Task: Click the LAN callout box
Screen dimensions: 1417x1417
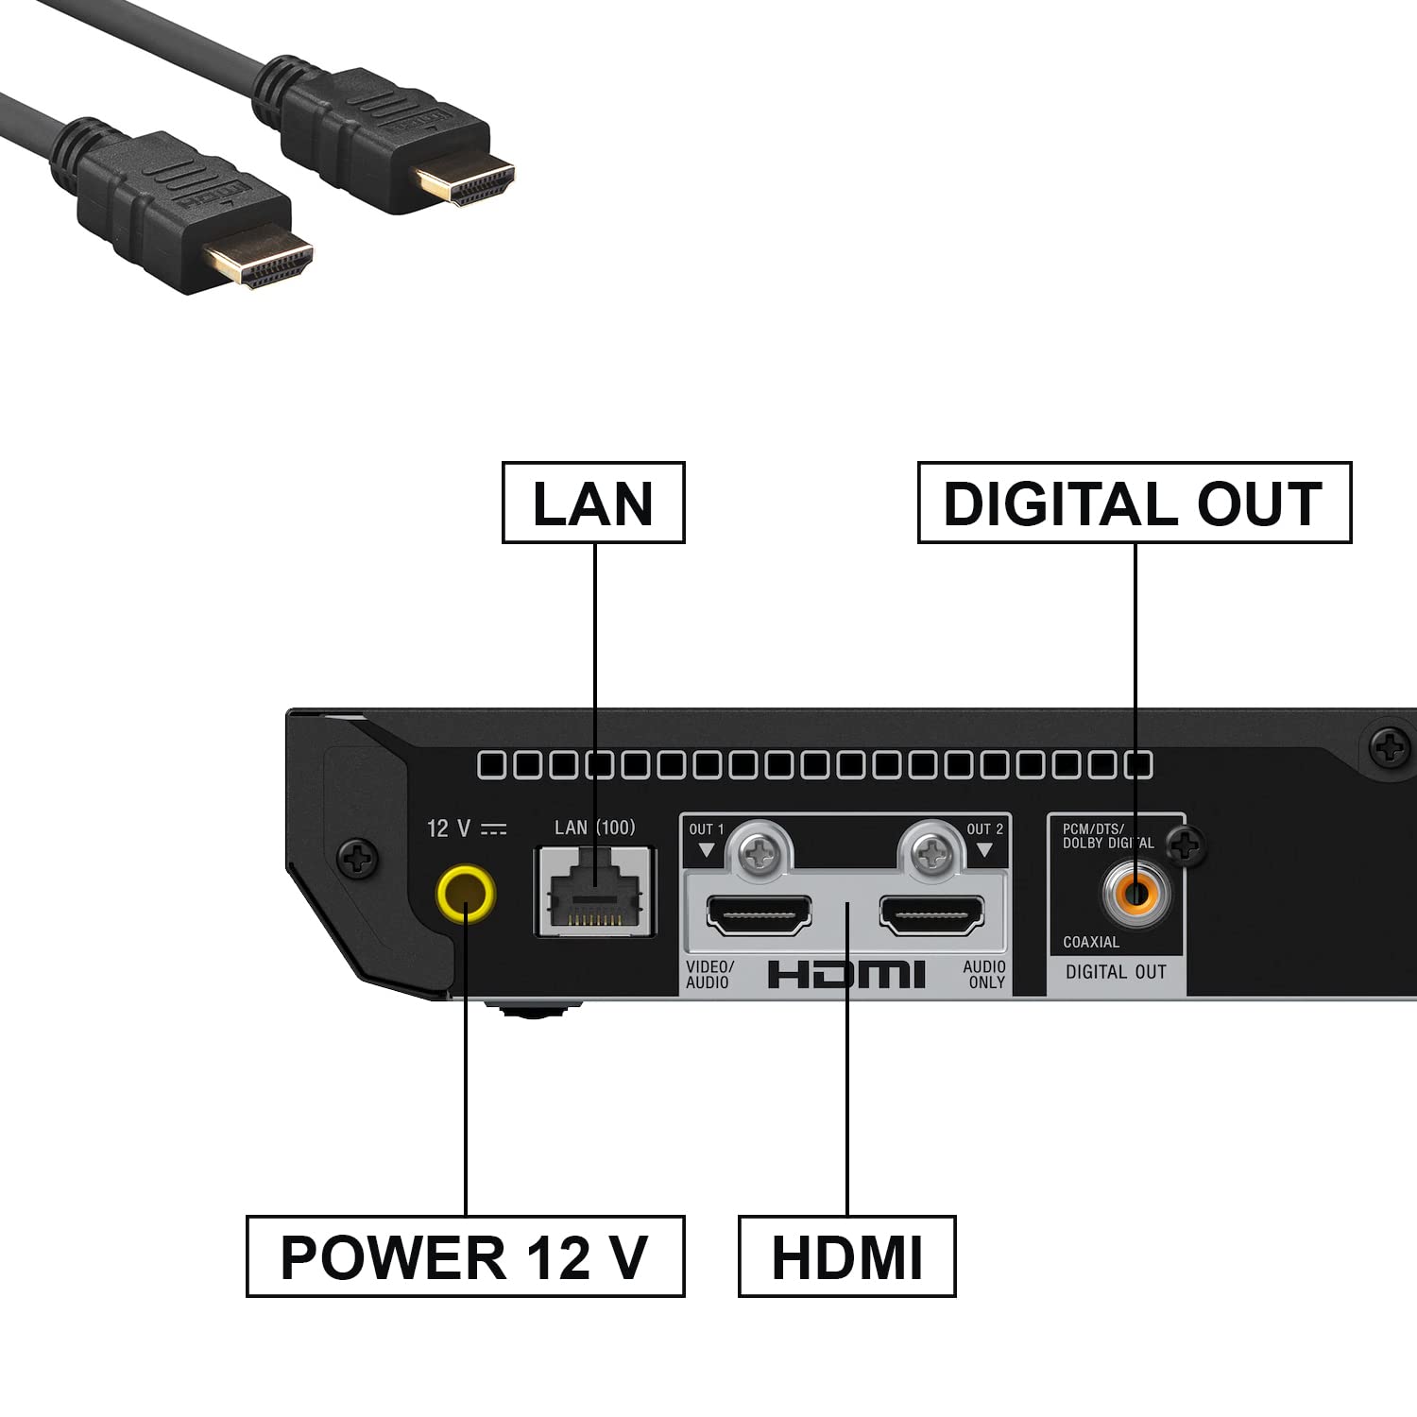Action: tap(593, 503)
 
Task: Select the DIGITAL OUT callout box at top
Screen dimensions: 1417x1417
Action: tap(1134, 503)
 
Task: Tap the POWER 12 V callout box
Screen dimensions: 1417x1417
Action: tap(465, 1256)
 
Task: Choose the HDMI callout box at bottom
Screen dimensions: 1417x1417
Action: tap(846, 1256)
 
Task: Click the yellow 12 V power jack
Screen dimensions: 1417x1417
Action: tap(465, 894)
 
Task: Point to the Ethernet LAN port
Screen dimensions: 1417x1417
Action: tap(595, 893)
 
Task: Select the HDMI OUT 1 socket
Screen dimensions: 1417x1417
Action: tap(759, 914)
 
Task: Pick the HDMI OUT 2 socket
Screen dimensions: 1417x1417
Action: tap(931, 914)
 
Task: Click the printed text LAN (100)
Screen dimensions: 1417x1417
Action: tap(594, 828)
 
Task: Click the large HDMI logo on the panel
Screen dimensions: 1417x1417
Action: tap(846, 974)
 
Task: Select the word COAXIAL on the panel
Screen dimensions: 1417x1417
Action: tap(1091, 942)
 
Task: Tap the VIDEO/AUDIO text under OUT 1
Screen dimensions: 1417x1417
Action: tap(709, 974)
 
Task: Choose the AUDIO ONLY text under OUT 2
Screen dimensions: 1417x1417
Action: tap(984, 974)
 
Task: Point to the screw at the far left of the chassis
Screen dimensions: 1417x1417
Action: tap(358, 858)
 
